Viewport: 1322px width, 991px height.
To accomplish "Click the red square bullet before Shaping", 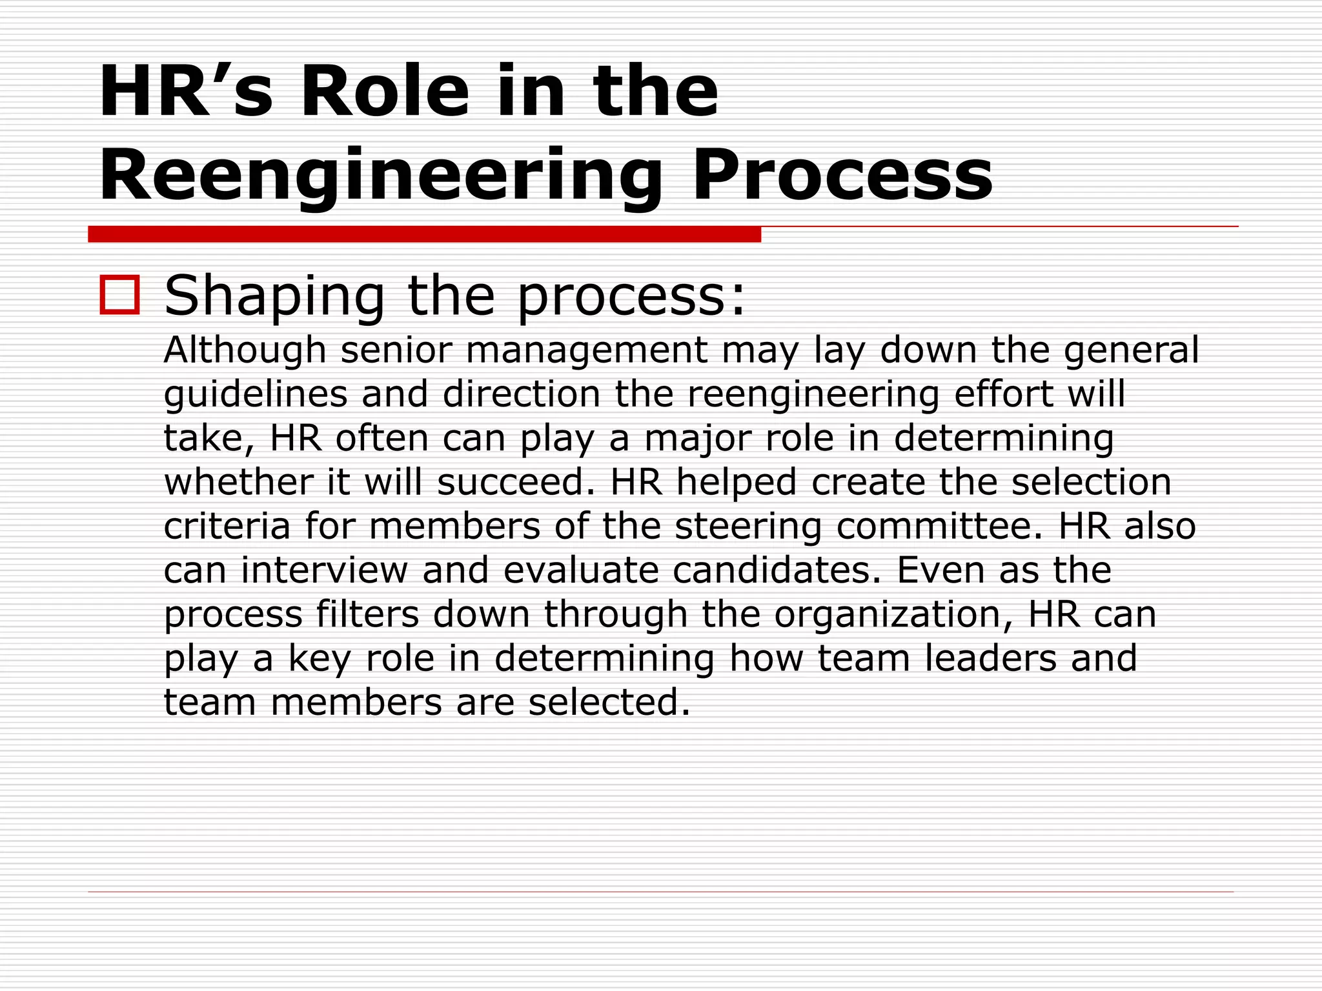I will [x=119, y=295].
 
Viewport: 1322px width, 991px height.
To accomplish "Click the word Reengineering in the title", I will [x=381, y=175].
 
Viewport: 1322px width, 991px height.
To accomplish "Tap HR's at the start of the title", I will [x=186, y=92].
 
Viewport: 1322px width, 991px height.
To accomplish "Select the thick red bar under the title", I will [x=424, y=234].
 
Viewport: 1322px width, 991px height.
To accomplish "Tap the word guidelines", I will [x=256, y=395].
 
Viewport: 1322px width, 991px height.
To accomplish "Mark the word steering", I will [x=748, y=527].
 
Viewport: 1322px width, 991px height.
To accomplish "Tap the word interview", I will [x=324, y=570].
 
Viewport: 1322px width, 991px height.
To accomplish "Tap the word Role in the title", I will [x=385, y=92].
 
